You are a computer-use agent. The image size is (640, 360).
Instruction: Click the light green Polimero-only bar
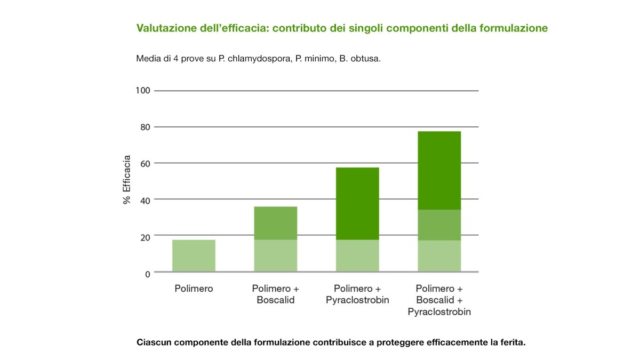pos(194,255)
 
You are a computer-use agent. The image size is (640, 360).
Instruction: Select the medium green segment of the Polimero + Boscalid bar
pos(275,223)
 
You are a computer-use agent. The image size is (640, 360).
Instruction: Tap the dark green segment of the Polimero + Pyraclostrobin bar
pos(357,203)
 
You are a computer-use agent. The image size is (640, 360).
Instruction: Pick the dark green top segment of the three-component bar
pos(439,170)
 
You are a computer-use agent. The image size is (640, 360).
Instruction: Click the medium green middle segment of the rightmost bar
pos(439,225)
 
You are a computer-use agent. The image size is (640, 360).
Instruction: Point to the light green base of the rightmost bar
pos(439,256)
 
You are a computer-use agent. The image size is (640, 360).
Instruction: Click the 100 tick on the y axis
pos(143,91)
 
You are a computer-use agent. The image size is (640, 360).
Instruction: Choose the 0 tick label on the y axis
pos(148,274)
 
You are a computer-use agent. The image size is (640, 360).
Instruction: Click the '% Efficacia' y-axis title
pos(127,180)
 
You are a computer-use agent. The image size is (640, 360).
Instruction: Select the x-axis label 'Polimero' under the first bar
pos(194,289)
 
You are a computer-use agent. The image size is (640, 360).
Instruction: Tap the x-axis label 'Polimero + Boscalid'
pos(275,294)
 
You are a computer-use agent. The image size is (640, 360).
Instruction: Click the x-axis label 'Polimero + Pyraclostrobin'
pos(357,294)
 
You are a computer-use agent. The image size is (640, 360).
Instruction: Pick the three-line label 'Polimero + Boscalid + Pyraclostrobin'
pos(439,300)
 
